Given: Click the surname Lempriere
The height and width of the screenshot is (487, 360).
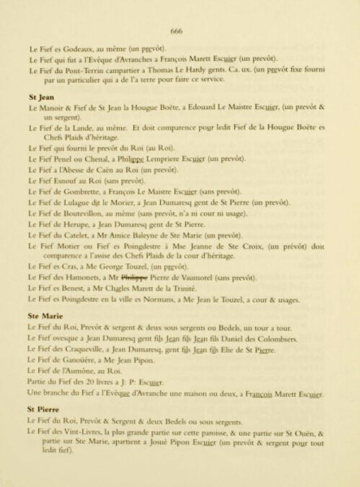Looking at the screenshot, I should [164, 159].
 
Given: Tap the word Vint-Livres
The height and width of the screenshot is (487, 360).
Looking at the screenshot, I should [83, 433].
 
